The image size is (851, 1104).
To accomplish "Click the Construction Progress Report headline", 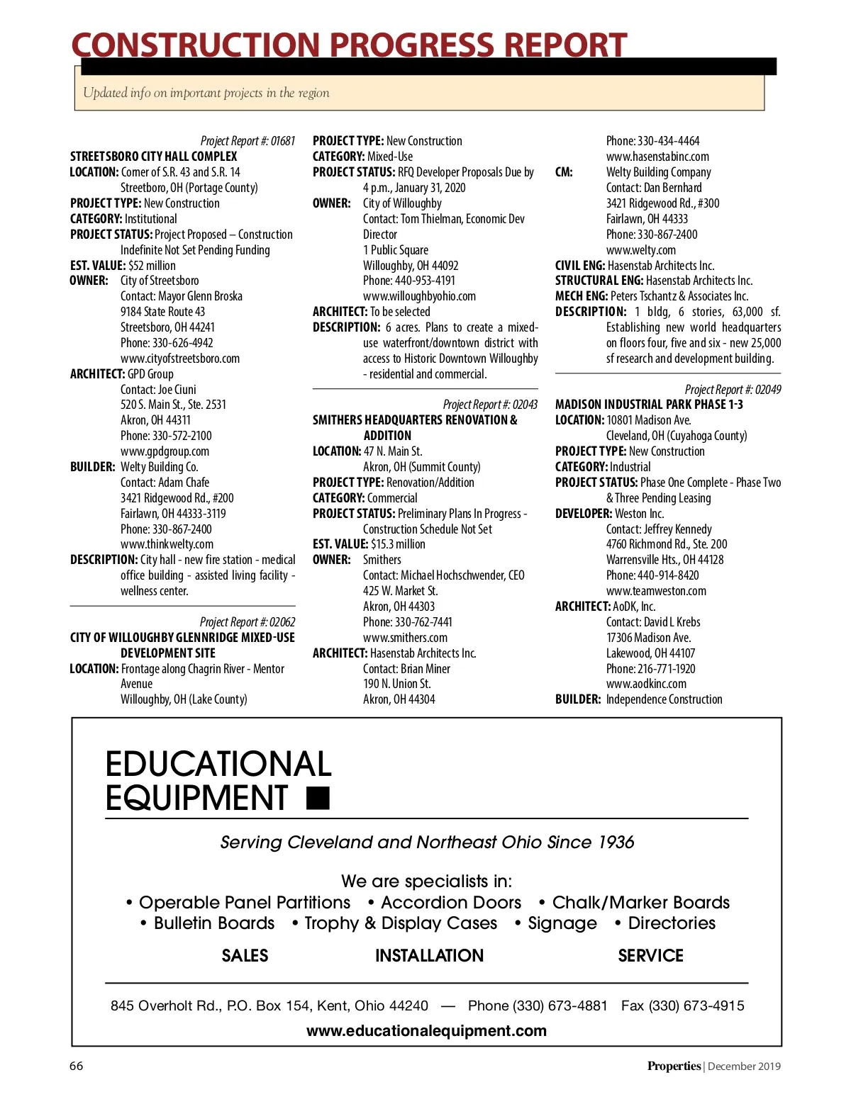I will click(x=349, y=45).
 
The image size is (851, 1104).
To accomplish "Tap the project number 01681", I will click(x=283, y=141).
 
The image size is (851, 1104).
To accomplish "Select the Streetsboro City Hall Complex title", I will click(x=153, y=157).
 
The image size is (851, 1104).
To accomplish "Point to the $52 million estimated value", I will click(x=152, y=266).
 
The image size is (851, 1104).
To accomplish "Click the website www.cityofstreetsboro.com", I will click(x=180, y=359).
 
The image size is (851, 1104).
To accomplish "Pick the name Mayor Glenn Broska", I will click(x=200, y=296).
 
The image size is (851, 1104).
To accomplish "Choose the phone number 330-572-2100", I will click(x=182, y=436).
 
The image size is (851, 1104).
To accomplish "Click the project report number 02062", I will click(x=282, y=622).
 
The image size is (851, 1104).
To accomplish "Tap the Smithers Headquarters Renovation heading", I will click(x=415, y=420).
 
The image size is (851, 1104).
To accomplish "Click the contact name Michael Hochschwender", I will click(x=452, y=575).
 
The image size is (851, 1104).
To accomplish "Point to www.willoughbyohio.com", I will click(x=419, y=296).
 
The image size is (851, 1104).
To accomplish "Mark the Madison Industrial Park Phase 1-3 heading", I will click(x=649, y=405).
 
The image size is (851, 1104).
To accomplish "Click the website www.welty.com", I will click(x=641, y=250).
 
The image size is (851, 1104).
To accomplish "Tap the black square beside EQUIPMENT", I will click(x=318, y=798).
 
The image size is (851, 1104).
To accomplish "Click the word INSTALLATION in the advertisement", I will click(x=429, y=956).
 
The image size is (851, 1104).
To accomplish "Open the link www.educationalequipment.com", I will click(x=426, y=1031).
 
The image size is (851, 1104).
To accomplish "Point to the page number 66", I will click(x=76, y=1066).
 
